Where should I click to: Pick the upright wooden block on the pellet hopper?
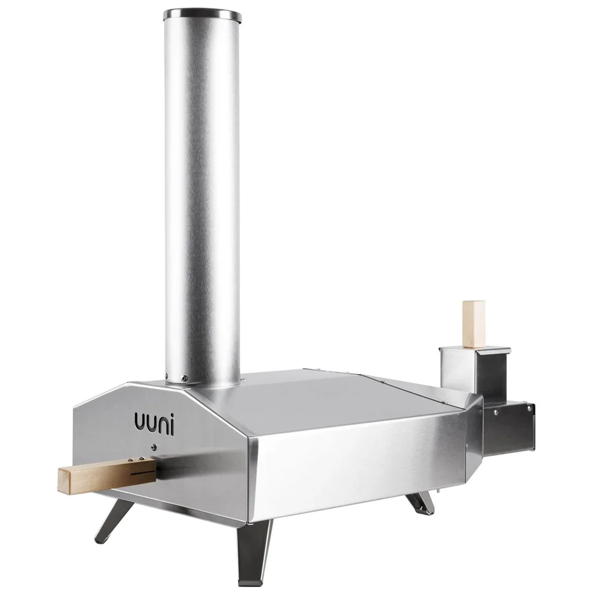pos(473,324)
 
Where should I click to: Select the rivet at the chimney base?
pos(184,378)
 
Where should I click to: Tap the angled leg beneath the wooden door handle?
pos(115,521)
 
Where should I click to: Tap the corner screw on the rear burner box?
pos(530,408)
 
